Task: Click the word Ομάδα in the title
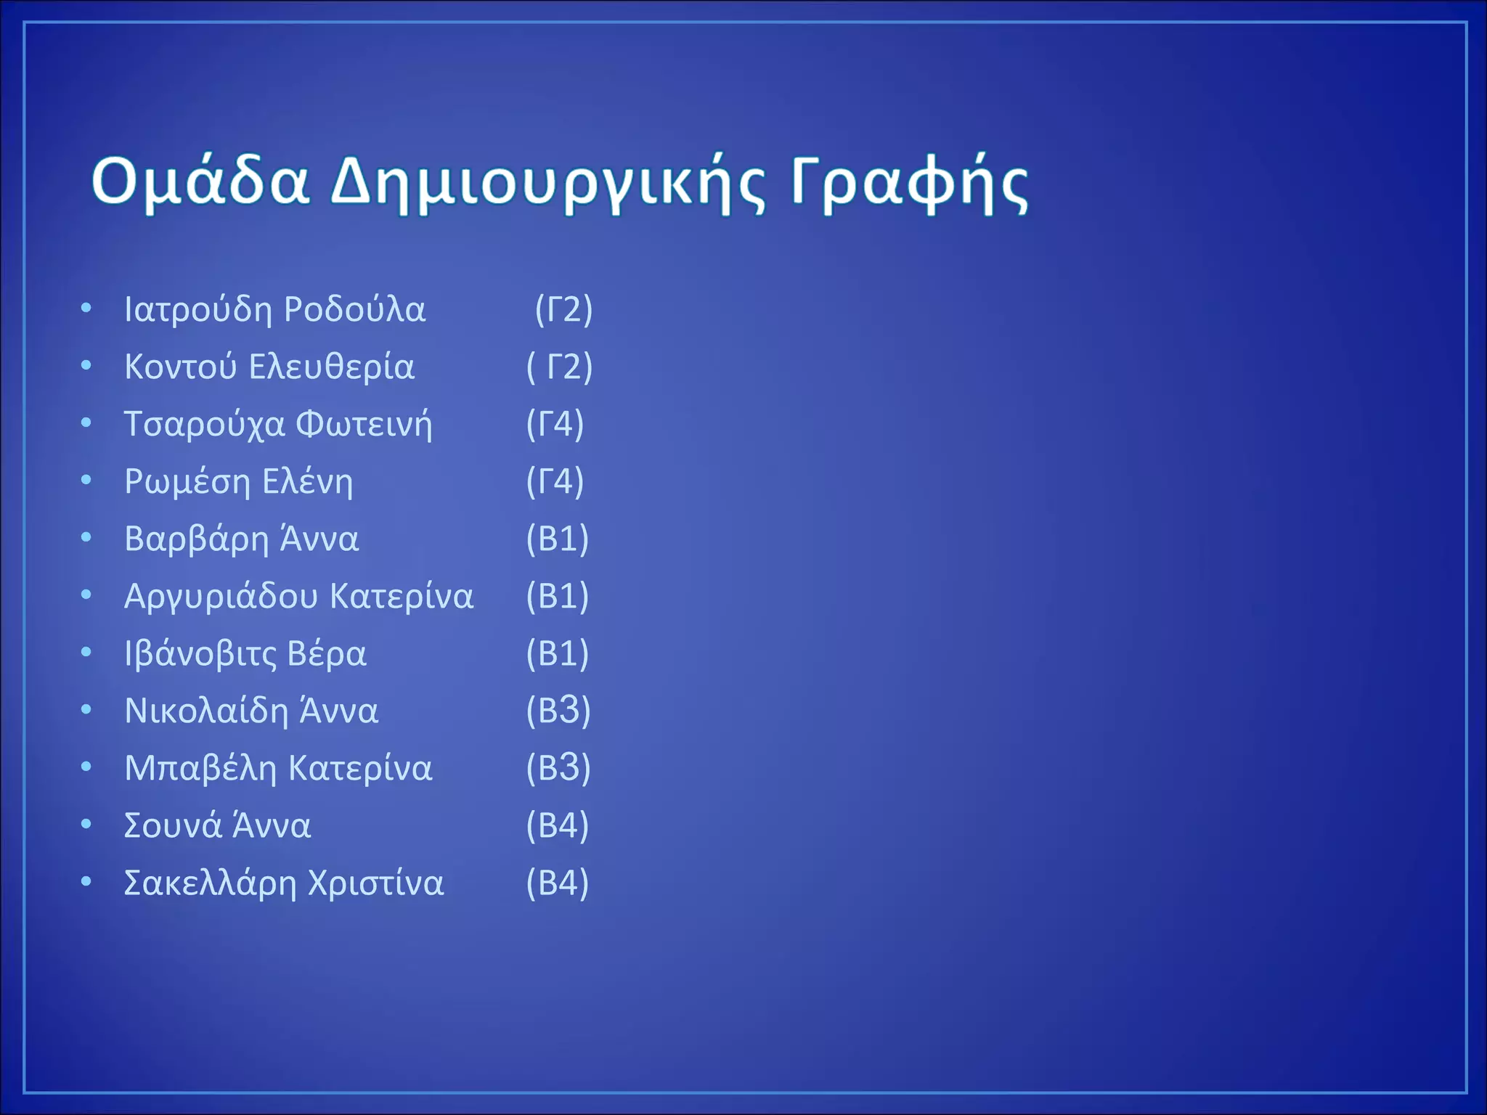tap(200, 181)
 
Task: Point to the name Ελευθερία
tap(331, 367)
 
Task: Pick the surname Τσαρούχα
tap(204, 425)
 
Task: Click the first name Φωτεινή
tap(364, 425)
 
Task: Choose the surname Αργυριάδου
tap(221, 597)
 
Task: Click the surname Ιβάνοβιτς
tap(200, 654)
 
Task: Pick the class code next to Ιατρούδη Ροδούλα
tap(563, 310)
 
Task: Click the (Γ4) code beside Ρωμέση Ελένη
tap(555, 482)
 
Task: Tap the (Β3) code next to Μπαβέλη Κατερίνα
tap(558, 769)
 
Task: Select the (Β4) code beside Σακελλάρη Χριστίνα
tap(557, 883)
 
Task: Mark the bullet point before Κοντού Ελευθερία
tap(86, 366)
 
